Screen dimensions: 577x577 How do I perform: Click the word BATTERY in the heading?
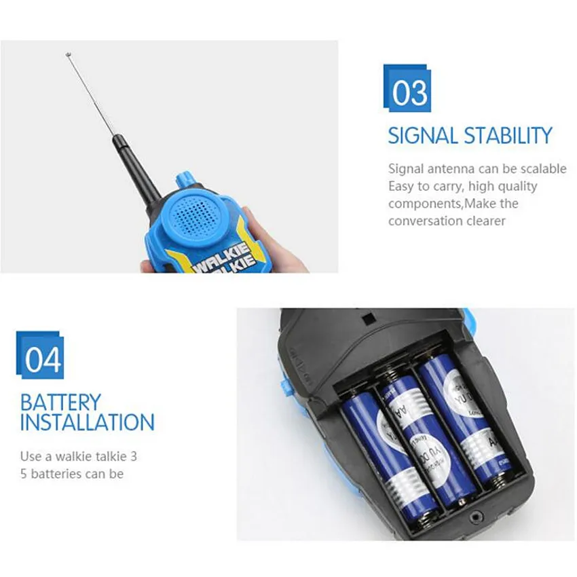60,402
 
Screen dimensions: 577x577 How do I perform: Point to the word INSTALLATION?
87,422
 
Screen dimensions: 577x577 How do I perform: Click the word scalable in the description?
542,169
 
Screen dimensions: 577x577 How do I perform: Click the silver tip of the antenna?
69,54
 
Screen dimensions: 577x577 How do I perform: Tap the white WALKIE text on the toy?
221,255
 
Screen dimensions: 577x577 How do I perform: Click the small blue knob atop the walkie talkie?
183,179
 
